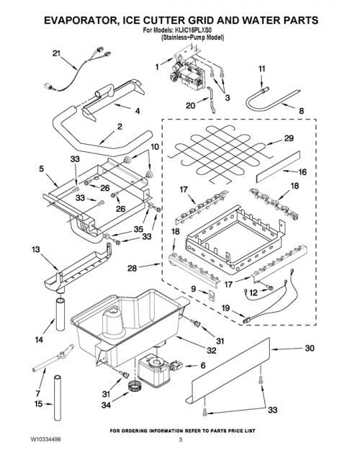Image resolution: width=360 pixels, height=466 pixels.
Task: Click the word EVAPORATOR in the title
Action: [x=78, y=20]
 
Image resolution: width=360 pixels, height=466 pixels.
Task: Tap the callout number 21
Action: [x=56, y=53]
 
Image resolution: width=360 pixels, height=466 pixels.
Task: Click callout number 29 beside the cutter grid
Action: [x=289, y=138]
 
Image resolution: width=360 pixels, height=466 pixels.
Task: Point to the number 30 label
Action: [x=310, y=348]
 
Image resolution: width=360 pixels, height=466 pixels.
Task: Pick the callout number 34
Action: [x=106, y=405]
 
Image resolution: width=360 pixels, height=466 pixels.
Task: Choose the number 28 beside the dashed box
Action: [x=132, y=268]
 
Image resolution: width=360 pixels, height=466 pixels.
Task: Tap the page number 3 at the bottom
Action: [x=180, y=440]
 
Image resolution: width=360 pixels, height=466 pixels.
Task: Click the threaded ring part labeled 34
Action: [x=135, y=386]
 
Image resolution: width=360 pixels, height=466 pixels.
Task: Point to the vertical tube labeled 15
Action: [x=58, y=398]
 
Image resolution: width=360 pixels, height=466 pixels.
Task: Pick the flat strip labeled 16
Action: [x=278, y=166]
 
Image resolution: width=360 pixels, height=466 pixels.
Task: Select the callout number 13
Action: [x=36, y=249]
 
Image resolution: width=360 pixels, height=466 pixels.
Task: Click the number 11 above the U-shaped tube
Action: [x=261, y=68]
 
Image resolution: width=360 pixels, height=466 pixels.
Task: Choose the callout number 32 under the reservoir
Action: [x=211, y=350]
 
